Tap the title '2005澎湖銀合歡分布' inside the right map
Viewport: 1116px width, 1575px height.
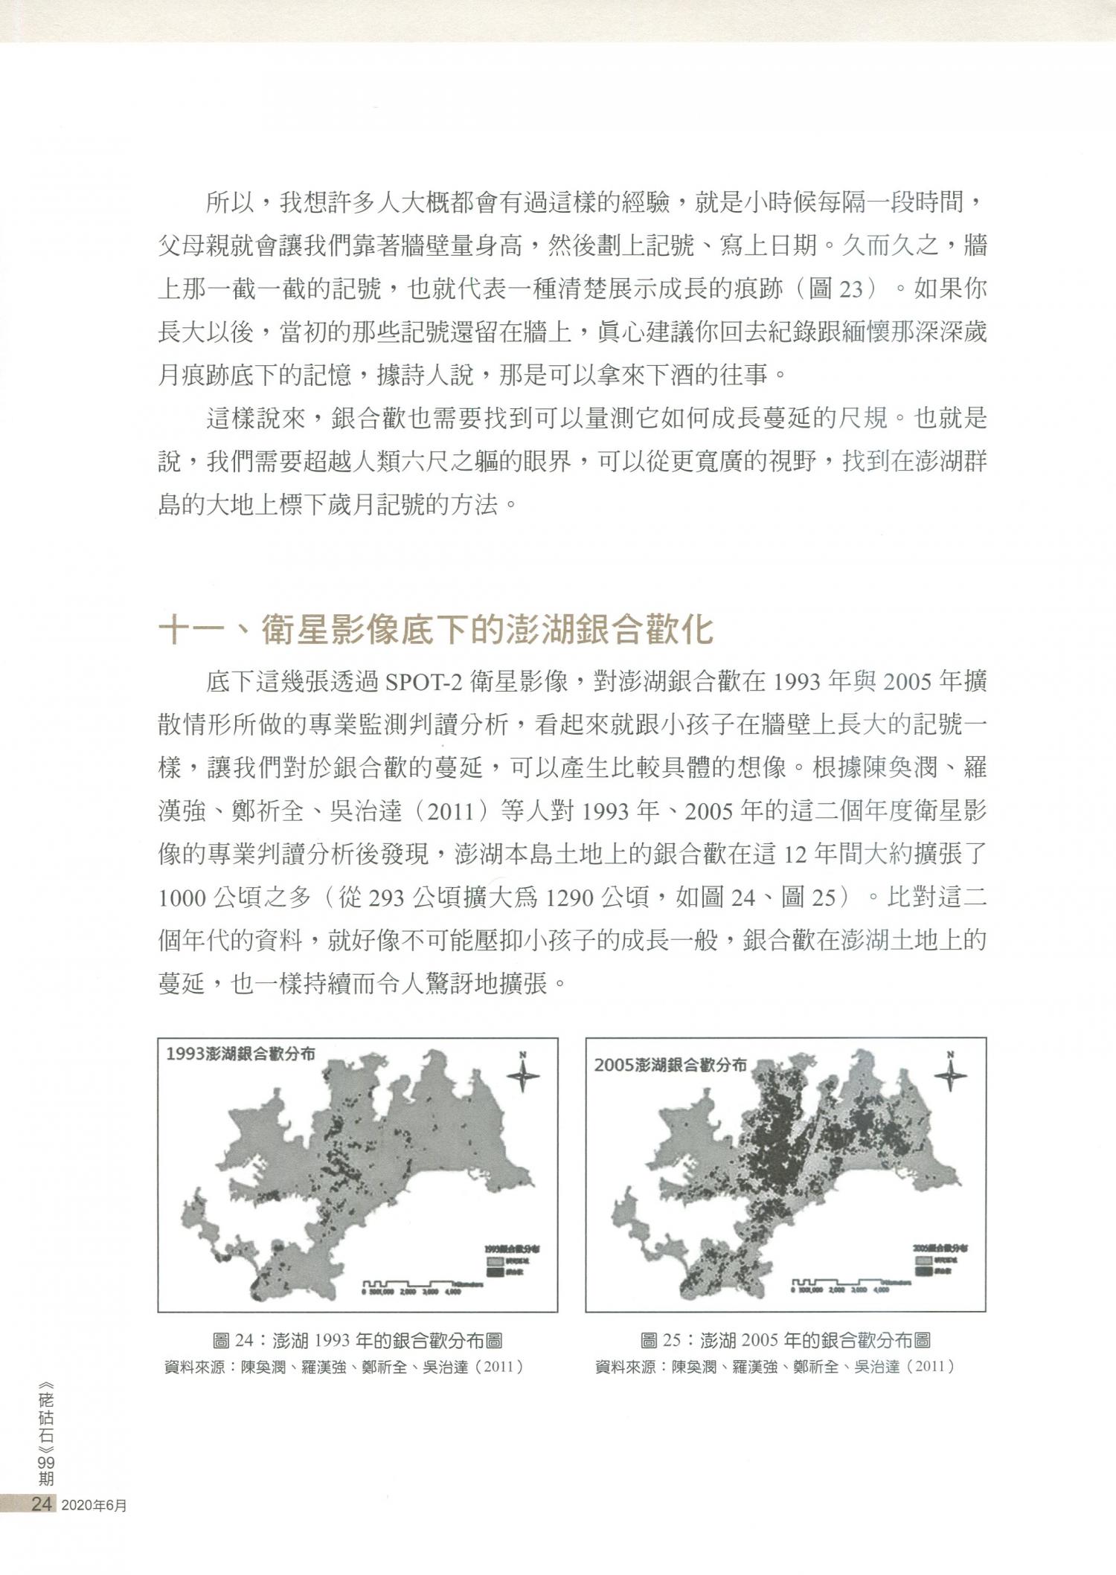(x=670, y=1064)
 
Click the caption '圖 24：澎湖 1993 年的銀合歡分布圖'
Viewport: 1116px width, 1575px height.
(x=357, y=1341)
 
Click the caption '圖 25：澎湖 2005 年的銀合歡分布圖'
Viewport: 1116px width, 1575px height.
(x=785, y=1341)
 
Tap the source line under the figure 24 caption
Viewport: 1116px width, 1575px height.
(x=344, y=1367)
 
